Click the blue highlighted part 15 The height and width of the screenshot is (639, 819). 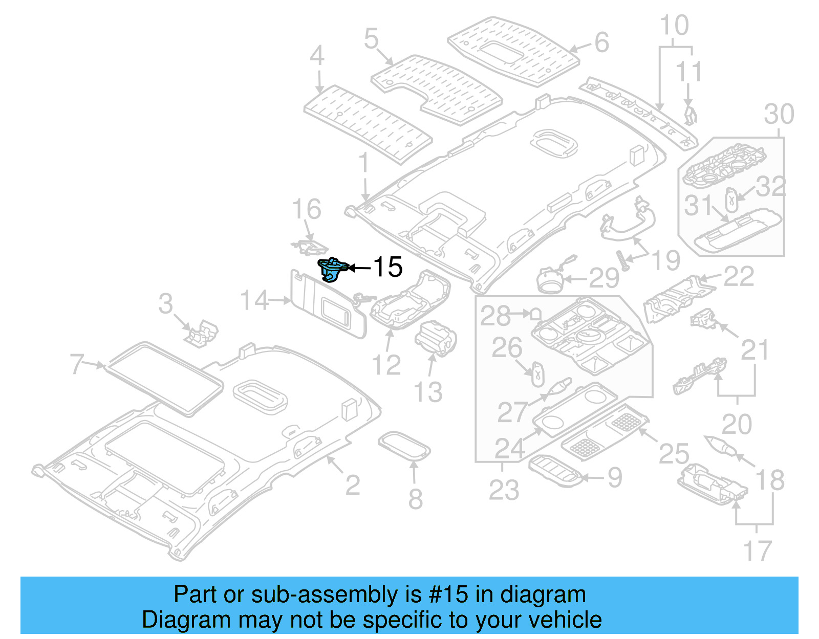coord(332,269)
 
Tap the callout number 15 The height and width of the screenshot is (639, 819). coord(387,267)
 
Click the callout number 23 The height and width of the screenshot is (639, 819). coord(504,490)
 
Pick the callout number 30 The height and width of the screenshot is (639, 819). coord(779,114)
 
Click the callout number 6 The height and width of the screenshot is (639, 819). coord(602,42)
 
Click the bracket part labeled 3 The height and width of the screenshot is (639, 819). coord(202,333)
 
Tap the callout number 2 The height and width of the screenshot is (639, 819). coord(352,484)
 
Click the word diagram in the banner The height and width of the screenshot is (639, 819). coord(543,595)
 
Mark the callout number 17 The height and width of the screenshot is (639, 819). coord(757,551)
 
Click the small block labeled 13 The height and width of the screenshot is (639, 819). coord(435,338)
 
